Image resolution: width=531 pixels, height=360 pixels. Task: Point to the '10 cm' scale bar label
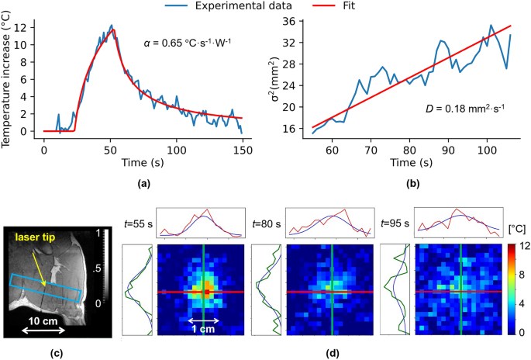[41, 320]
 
